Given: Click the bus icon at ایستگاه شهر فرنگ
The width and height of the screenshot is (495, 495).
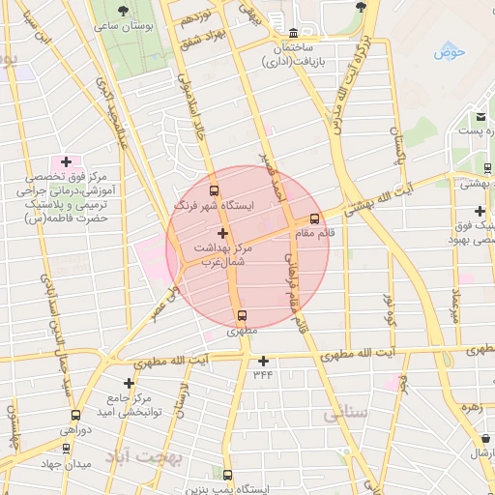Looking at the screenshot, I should (214, 189).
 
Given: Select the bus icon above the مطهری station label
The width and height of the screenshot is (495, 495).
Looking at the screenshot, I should (242, 314).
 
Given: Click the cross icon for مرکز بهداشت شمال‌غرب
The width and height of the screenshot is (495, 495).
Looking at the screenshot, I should (223, 233).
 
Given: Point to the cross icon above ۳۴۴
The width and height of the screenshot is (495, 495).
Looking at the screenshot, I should (262, 361).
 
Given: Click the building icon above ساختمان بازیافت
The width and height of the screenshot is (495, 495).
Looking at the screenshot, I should (294, 31).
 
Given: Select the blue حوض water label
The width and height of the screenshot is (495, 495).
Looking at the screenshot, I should (450, 51).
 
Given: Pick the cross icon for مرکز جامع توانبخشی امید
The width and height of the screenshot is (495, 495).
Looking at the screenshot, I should (129, 383).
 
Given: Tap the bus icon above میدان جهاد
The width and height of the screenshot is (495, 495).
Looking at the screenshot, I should (66, 449).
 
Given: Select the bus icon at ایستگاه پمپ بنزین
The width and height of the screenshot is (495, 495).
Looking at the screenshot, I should (227, 475).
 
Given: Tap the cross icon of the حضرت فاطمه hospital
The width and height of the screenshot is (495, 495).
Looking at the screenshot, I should (66, 161).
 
